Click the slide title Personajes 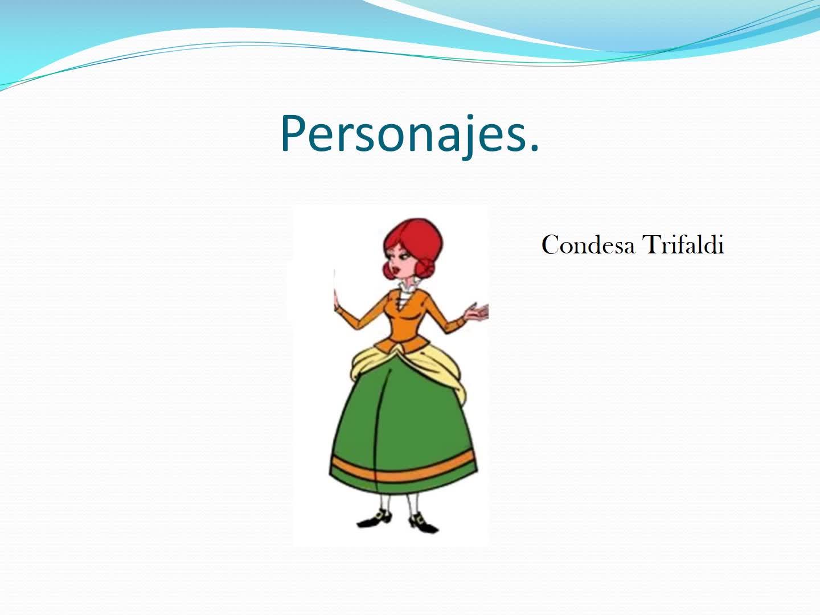pyautogui.click(x=410, y=134)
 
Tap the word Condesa pyautogui.click(x=588, y=245)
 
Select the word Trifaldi pyautogui.click(x=683, y=244)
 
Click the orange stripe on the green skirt pyautogui.click(x=404, y=469)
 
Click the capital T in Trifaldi pyautogui.click(x=651, y=244)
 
